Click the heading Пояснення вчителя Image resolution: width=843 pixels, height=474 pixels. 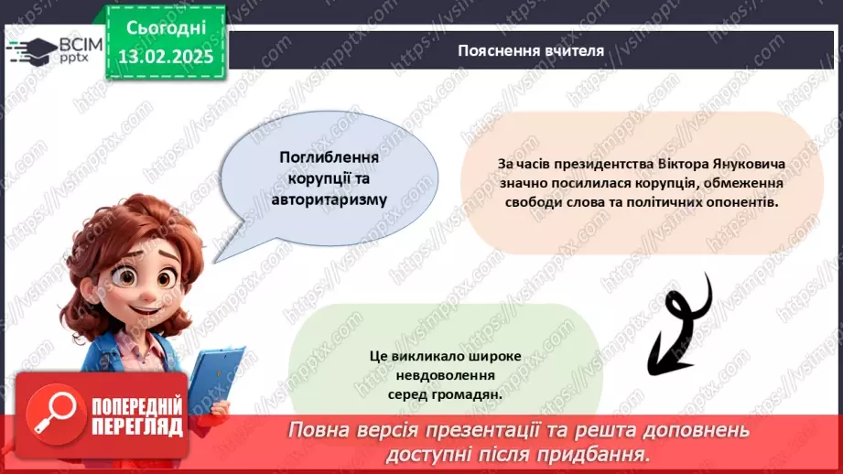[x=531, y=50]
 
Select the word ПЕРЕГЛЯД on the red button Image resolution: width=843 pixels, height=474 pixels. [x=137, y=426]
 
